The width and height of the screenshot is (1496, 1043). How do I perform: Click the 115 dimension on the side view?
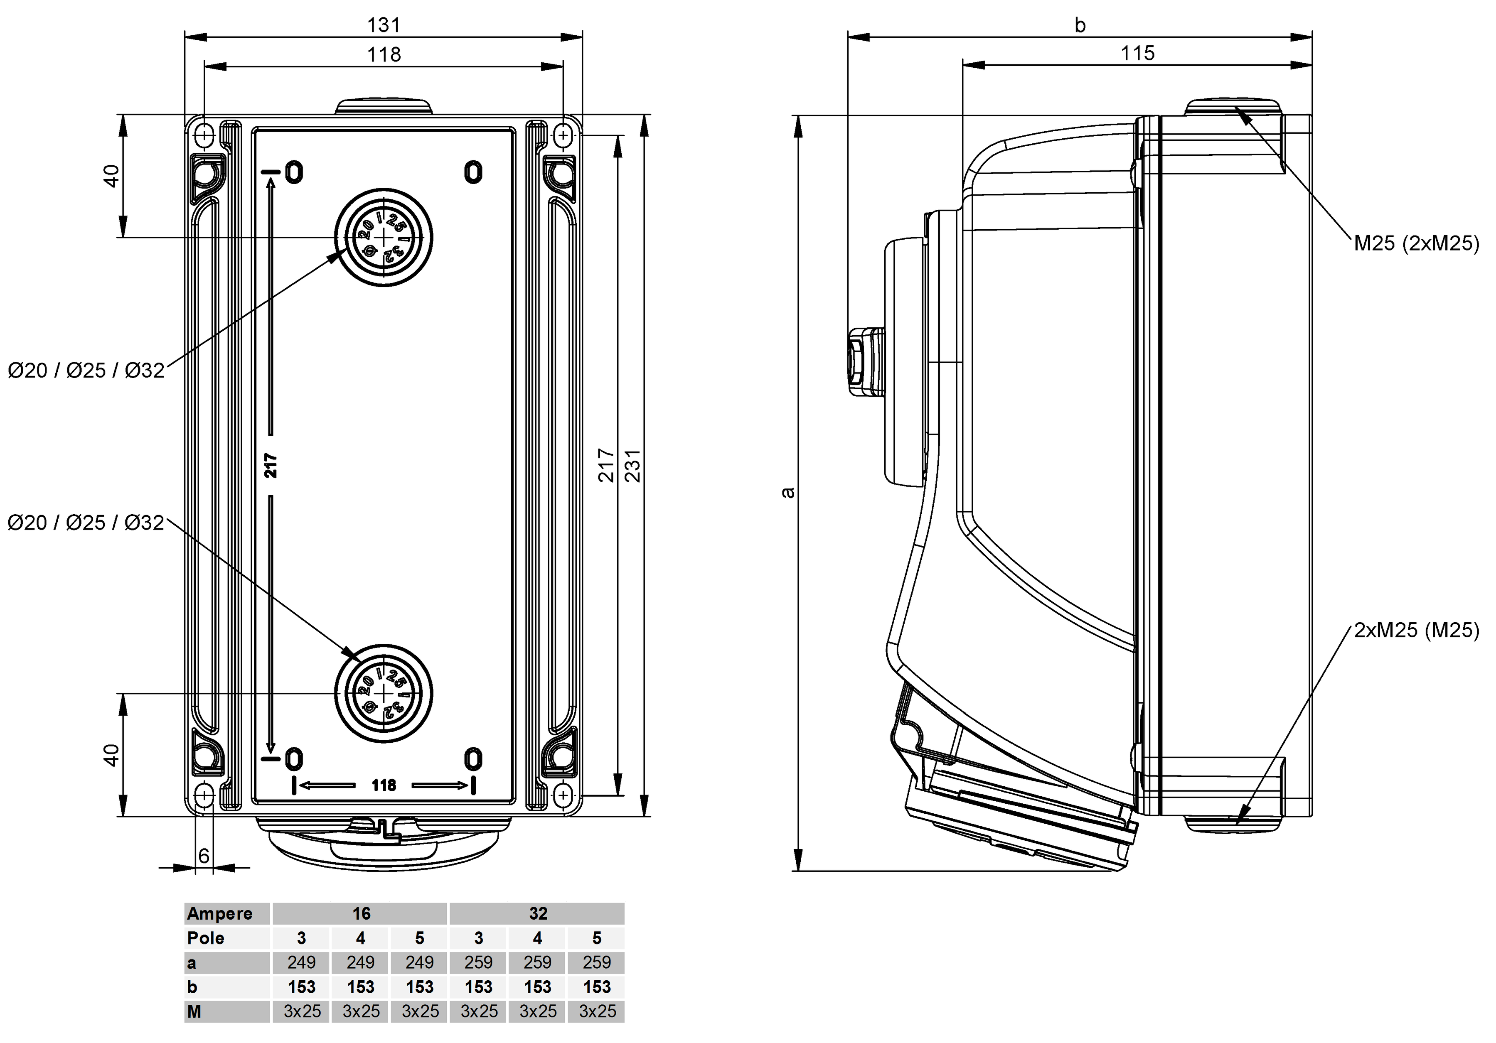(x=1138, y=53)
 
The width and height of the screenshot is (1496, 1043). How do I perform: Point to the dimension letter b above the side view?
(x=1080, y=25)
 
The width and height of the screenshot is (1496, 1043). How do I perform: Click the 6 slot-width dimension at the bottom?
(x=204, y=855)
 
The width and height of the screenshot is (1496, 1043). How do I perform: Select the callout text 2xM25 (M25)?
(x=1416, y=630)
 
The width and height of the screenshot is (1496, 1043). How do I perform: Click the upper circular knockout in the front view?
(x=384, y=237)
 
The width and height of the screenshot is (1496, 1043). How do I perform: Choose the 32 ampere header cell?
(x=538, y=913)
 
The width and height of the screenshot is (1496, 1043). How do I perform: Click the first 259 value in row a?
(x=479, y=962)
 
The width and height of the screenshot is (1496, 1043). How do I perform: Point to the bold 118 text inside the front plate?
(x=384, y=785)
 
